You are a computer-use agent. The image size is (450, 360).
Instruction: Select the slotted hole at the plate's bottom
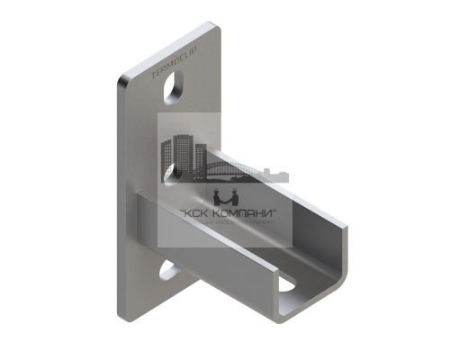[x=172, y=271]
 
